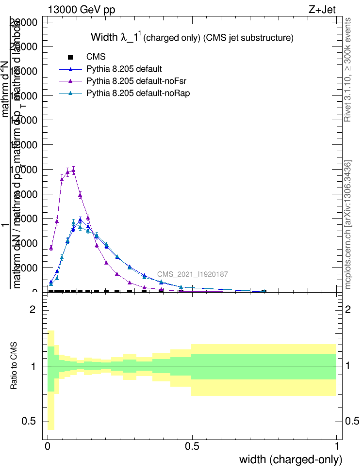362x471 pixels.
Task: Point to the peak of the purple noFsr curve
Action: pos(73,170)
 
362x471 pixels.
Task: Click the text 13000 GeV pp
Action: pos(82,10)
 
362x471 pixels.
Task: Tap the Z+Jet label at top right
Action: pos(322,10)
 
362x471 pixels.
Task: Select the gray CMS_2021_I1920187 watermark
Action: pos(193,274)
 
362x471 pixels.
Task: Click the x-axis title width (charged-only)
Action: pos(291,459)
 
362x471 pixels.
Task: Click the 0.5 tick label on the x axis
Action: pos(192,447)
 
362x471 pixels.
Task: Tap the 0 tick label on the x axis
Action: pos(48,447)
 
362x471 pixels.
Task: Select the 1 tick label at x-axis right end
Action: pos(336,447)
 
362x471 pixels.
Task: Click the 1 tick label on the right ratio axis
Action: pos(348,366)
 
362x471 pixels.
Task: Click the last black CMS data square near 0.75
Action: pos(263,291)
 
